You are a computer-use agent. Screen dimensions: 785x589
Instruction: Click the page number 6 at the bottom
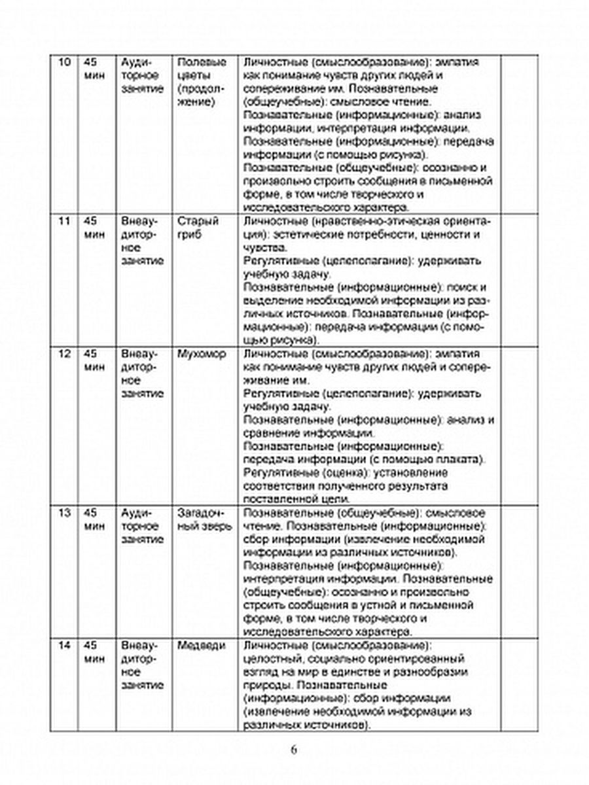pyautogui.click(x=294, y=750)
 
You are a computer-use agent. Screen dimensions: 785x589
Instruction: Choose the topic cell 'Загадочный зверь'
pyautogui.click(x=204, y=518)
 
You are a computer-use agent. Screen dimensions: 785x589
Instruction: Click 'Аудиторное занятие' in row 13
pyautogui.click(x=143, y=525)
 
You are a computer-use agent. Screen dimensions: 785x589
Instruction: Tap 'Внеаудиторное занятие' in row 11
pyautogui.click(x=143, y=243)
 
